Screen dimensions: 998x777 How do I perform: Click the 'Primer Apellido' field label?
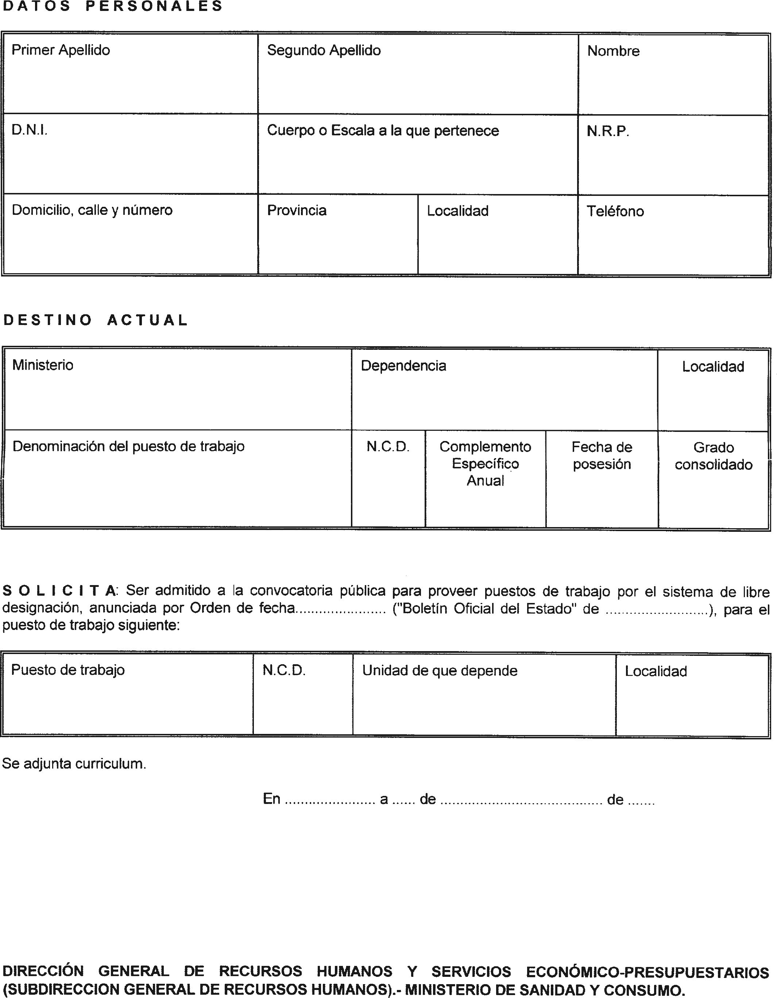(61, 50)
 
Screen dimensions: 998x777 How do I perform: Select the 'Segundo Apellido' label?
(324, 50)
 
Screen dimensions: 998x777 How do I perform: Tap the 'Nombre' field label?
(613, 51)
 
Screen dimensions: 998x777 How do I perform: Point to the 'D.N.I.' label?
(29, 130)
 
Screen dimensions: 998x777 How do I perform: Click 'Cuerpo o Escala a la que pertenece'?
(383, 131)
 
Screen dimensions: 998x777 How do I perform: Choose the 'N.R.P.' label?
(608, 132)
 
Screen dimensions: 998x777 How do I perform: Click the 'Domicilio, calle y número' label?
(92, 210)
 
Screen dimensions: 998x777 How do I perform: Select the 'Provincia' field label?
(297, 211)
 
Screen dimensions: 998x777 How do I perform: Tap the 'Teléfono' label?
(615, 211)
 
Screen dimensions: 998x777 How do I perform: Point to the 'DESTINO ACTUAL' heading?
(96, 320)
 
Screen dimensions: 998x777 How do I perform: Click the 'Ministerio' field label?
(43, 365)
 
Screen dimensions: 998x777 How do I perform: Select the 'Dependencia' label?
(403, 366)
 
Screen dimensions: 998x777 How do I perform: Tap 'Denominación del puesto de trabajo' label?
(128, 446)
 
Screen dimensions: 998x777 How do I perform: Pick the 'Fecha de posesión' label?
(602, 456)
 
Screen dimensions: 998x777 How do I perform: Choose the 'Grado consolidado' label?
(713, 456)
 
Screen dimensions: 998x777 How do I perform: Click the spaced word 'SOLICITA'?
(59, 591)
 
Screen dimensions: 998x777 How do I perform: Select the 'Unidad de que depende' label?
(440, 671)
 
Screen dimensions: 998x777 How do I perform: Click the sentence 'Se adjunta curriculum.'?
(74, 763)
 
